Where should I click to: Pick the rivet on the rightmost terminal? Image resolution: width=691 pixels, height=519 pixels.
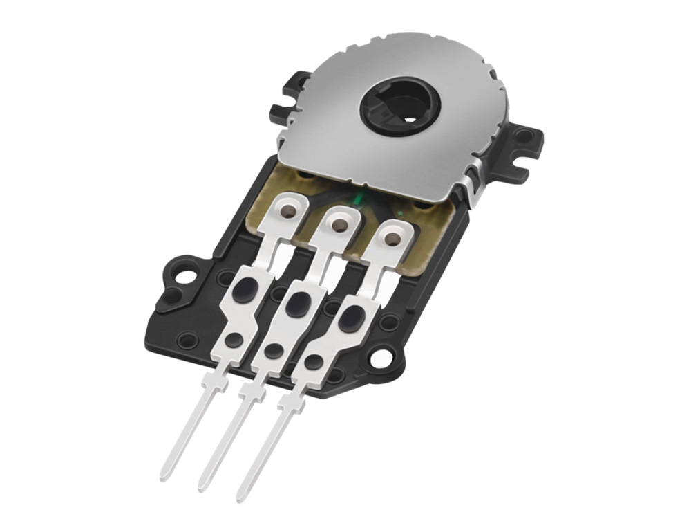click(x=391, y=239)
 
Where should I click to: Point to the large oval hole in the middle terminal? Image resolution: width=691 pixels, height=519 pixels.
click(x=299, y=303)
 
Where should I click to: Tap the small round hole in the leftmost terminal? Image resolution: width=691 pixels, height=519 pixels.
click(x=234, y=339)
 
